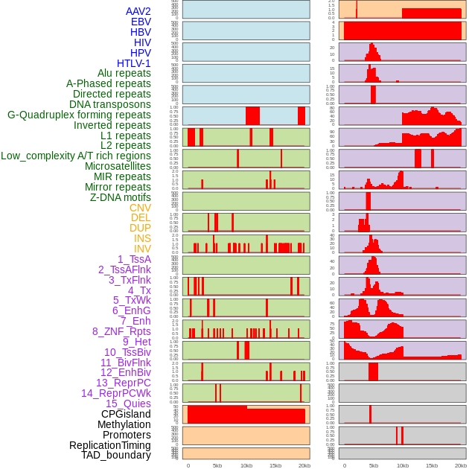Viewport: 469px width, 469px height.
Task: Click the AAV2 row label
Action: coord(138,12)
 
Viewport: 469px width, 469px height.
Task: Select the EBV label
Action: coord(140,22)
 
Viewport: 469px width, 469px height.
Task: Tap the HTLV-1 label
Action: coord(133,63)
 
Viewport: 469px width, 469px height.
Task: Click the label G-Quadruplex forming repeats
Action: coord(79,115)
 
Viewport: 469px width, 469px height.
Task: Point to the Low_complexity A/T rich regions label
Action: coord(76,156)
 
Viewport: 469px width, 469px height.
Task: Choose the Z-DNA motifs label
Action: coord(121,197)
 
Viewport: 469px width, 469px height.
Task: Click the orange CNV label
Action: coord(140,208)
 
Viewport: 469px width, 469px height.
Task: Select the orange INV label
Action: coord(141,249)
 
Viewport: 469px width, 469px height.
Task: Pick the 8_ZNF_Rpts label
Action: coord(121,331)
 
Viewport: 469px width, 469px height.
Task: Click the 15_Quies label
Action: coord(128,403)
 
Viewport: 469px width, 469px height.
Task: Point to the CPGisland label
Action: coord(126,414)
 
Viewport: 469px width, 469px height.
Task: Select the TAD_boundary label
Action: coord(115,455)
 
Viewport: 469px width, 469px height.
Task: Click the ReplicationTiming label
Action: coord(109,445)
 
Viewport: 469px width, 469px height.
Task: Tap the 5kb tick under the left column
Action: coord(217,465)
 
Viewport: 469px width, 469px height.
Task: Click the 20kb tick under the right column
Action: coord(461,465)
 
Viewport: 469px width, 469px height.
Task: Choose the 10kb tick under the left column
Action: coord(246,465)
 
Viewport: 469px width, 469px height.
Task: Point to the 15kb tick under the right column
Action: coord(431,465)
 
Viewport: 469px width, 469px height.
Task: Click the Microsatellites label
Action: coord(118,166)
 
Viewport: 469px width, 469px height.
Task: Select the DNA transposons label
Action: coord(110,104)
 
